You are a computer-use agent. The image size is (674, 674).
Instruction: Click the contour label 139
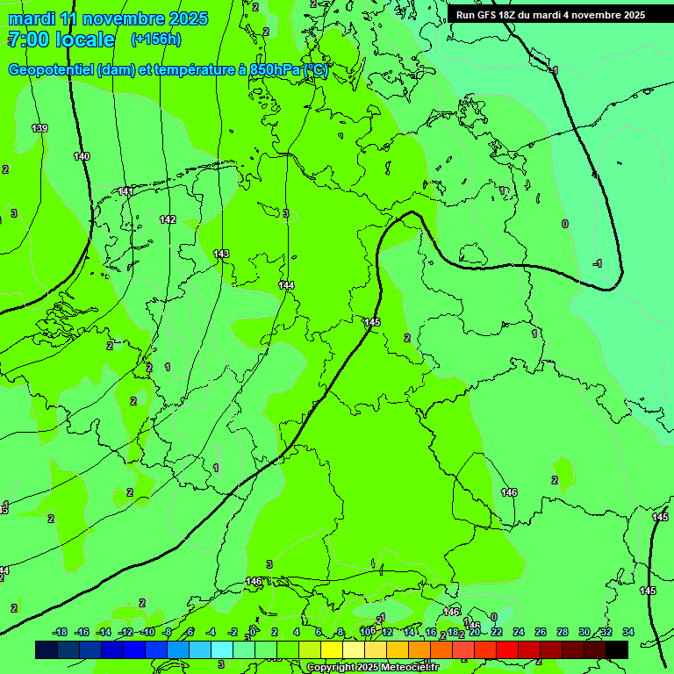(x=39, y=129)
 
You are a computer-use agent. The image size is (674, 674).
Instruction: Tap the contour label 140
(x=82, y=156)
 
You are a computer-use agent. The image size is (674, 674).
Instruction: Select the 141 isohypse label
(x=126, y=191)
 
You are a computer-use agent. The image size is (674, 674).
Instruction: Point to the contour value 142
(x=168, y=219)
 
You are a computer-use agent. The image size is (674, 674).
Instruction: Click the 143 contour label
(x=221, y=254)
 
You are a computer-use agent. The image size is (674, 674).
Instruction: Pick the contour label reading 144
(x=286, y=285)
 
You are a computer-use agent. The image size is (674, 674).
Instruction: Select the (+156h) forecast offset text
(x=156, y=39)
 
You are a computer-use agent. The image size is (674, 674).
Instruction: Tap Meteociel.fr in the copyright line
(x=413, y=668)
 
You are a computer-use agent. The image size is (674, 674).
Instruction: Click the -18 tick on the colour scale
(x=60, y=632)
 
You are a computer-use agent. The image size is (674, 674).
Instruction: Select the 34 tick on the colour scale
(x=628, y=632)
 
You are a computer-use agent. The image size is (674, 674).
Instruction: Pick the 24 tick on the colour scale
(x=519, y=632)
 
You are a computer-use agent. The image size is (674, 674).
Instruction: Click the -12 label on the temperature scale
(x=125, y=632)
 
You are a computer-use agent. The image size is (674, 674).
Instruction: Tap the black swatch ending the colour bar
(x=617, y=649)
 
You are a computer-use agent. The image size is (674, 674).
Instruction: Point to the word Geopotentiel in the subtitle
(x=51, y=70)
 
